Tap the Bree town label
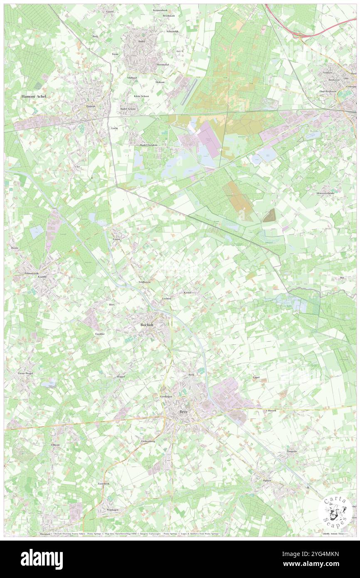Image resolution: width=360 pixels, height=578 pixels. (x=184, y=411)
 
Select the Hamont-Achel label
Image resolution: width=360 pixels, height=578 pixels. (x=34, y=96)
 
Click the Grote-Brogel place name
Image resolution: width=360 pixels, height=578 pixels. (x=25, y=373)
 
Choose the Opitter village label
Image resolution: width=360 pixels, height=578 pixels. (x=266, y=480)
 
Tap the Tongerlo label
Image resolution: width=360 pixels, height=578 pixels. (x=292, y=451)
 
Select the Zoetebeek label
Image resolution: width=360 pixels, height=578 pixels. (x=103, y=484)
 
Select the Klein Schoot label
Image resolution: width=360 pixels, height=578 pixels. (x=141, y=96)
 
